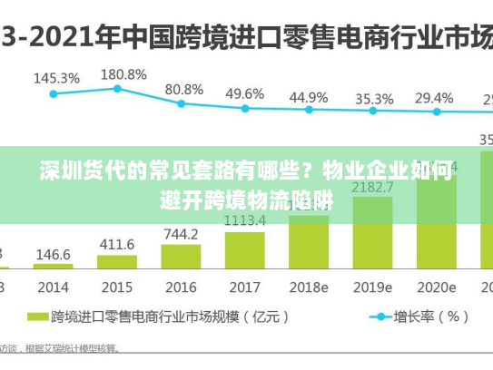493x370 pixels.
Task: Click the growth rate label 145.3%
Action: [56, 78]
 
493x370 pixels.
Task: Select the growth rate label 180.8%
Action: [123, 73]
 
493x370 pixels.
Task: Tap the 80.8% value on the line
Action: [184, 89]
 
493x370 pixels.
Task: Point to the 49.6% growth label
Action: [244, 93]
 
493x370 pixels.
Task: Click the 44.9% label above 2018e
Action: [309, 96]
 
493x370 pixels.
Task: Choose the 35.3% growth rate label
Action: [373, 98]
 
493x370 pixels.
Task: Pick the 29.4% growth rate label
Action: [434, 98]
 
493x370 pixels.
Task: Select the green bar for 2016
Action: [181, 256]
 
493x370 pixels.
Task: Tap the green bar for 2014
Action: [53, 266]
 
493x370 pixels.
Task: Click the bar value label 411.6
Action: [116, 244]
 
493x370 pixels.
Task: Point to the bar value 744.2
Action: [181, 234]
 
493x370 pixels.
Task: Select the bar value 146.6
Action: [53, 255]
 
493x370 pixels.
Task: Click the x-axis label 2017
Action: [244, 287]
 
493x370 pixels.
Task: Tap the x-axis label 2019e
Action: [373, 287]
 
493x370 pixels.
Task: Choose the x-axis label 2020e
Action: [436, 287]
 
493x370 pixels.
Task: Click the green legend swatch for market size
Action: [37, 317]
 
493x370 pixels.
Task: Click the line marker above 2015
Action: [117, 88]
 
